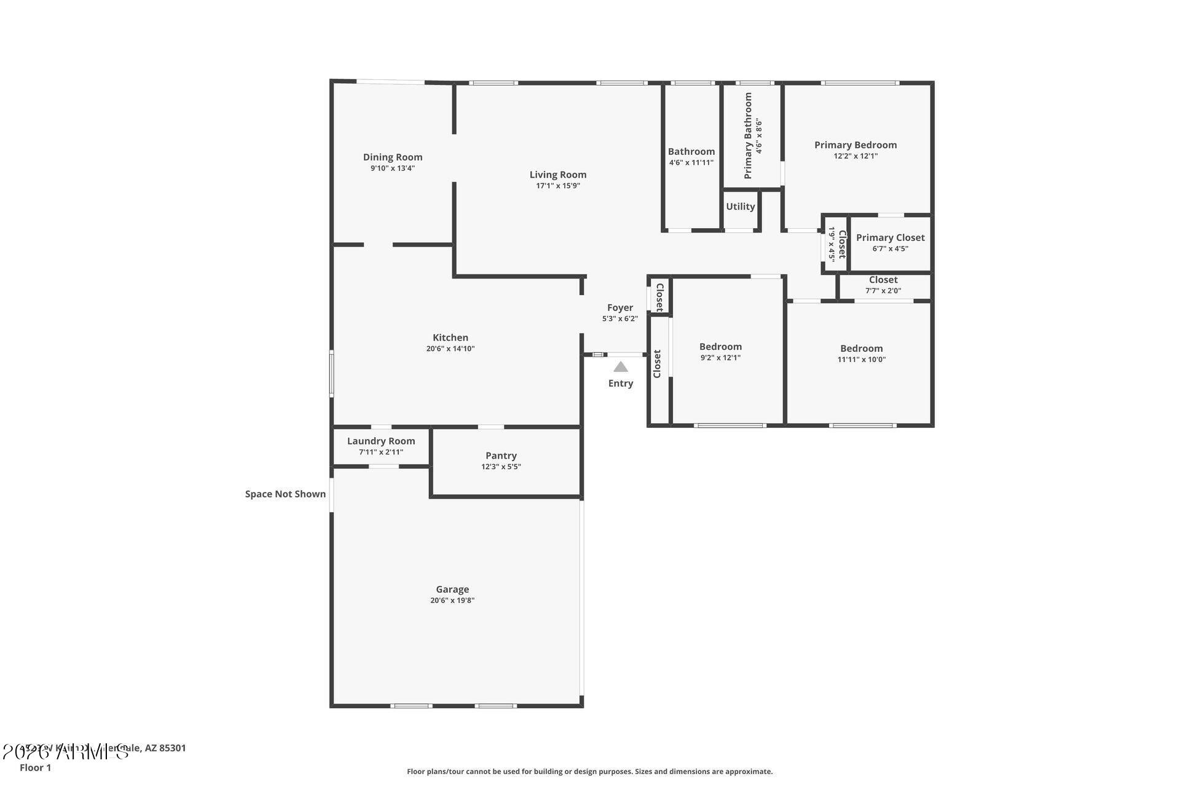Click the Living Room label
click(557, 175)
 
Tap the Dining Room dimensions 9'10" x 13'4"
click(392, 168)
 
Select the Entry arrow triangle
click(621, 367)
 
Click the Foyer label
click(619, 307)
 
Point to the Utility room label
click(740, 207)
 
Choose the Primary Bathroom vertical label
click(748, 136)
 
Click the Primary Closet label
click(890, 237)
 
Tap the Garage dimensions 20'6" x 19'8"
click(452, 601)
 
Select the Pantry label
click(501, 456)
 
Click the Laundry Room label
click(381, 441)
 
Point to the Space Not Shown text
click(285, 494)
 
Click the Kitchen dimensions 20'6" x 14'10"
click(450, 349)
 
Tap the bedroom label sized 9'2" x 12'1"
click(720, 347)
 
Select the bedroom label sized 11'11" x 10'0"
click(861, 349)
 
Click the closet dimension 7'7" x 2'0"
click(883, 291)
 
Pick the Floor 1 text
click(35, 767)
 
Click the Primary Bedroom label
click(855, 145)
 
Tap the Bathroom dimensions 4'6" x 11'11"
click(691, 163)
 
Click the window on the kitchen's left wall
click(331, 373)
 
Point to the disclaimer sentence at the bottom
click(589, 771)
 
